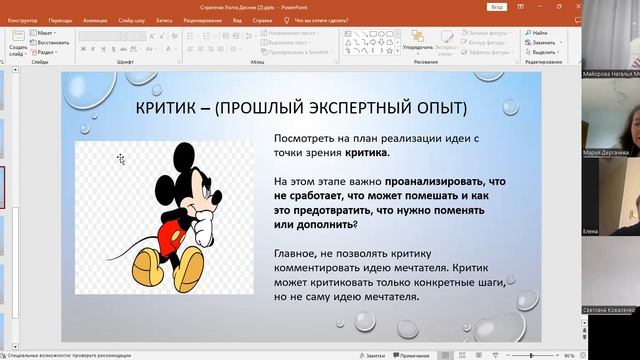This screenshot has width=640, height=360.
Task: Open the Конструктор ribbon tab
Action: (23, 18)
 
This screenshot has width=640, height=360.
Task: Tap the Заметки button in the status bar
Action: (372, 355)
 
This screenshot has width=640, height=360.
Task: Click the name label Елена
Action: (590, 231)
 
